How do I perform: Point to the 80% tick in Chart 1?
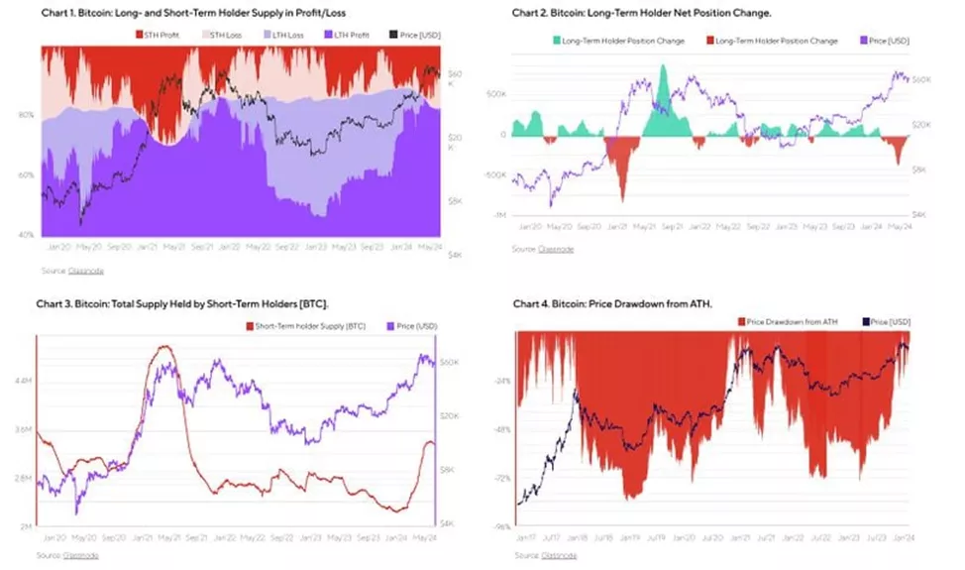tap(28, 115)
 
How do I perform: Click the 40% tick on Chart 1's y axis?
tap(28, 235)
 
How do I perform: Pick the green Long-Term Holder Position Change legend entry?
tap(618, 41)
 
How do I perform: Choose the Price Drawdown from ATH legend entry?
tap(789, 322)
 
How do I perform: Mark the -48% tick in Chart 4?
tap(501, 429)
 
